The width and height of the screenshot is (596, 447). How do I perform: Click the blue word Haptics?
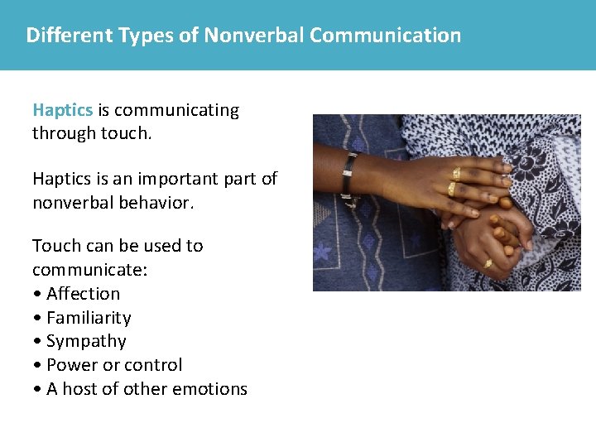(63, 111)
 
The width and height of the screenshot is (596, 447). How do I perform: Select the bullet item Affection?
(83, 294)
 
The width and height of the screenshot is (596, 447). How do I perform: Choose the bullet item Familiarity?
(89, 318)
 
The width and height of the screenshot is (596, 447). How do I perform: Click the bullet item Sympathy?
(86, 341)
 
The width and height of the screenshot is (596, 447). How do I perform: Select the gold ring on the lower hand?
(488, 264)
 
